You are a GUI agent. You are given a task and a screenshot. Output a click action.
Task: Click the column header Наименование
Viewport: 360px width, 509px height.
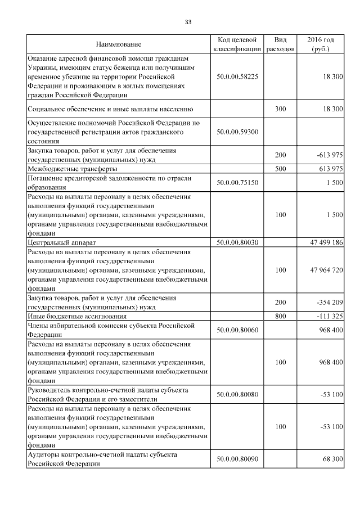click(x=118, y=44)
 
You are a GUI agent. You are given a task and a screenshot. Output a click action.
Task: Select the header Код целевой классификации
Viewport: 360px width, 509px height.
click(x=237, y=44)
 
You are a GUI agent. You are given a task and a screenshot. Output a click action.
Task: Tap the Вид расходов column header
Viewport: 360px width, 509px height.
click(x=280, y=44)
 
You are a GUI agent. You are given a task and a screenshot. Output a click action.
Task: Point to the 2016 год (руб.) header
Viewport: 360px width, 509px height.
click(x=321, y=44)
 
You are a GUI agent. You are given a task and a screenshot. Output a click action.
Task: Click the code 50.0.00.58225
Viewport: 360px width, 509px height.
click(x=237, y=76)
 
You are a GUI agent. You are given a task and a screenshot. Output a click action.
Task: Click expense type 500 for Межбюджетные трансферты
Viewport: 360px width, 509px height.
click(x=280, y=169)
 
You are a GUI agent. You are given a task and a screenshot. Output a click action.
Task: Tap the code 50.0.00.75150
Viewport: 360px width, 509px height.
click(x=237, y=182)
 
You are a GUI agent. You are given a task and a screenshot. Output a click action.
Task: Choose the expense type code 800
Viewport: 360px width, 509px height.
click(x=280, y=316)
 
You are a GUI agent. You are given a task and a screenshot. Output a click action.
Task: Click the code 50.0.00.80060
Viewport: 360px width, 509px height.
click(x=237, y=330)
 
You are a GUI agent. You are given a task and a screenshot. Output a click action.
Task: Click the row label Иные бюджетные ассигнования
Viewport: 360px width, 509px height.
click(x=67, y=316)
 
